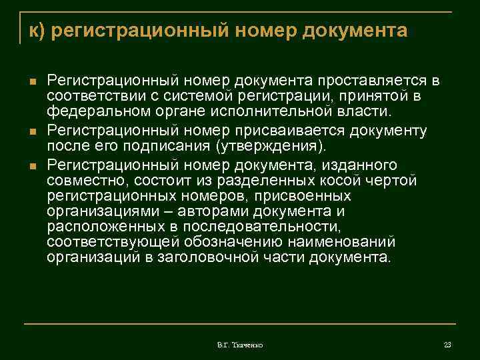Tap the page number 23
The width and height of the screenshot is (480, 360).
(x=447, y=345)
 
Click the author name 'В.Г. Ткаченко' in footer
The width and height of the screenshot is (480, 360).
(x=239, y=345)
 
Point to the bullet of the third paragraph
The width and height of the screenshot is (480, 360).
(x=32, y=164)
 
